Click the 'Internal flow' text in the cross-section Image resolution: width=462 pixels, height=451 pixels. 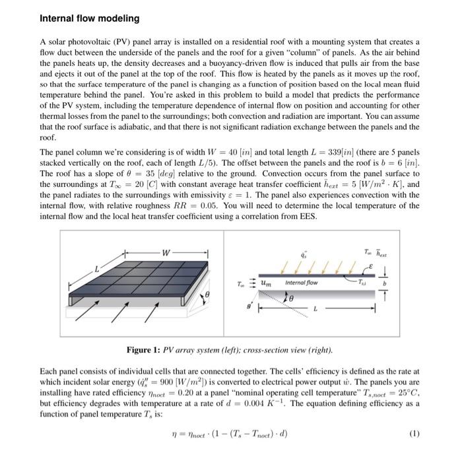tap(302, 283)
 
